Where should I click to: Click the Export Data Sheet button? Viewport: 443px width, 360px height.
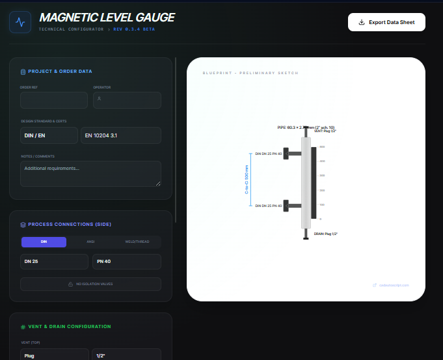[x=386, y=22]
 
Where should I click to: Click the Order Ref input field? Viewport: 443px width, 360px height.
[x=54, y=100]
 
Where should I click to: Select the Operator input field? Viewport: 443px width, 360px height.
[x=127, y=100]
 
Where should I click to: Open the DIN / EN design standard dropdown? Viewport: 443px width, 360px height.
[x=49, y=135]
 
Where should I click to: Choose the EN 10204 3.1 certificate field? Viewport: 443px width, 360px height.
[x=120, y=135]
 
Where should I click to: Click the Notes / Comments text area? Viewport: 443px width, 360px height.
[x=90, y=174]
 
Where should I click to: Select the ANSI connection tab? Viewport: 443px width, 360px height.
[x=90, y=242]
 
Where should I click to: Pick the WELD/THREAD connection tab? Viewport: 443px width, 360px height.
[x=137, y=242]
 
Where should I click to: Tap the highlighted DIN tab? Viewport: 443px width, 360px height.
[x=44, y=242]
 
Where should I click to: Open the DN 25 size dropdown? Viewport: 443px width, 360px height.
[x=54, y=262]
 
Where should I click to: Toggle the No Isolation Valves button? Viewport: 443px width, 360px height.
[x=90, y=284]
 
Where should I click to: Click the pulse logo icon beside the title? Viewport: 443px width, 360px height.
[x=20, y=22]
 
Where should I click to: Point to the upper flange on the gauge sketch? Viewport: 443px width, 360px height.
[x=292, y=154]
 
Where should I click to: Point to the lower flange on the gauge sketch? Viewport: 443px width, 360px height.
[x=292, y=206]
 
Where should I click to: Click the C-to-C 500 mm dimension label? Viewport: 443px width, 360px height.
[x=247, y=180]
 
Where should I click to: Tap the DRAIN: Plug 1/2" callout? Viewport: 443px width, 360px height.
[x=326, y=233]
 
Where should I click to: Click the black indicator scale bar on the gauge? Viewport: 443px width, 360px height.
[x=314, y=182]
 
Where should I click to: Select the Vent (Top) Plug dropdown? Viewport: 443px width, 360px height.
[x=54, y=355]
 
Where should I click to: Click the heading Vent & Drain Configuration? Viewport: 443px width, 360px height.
[x=69, y=327]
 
